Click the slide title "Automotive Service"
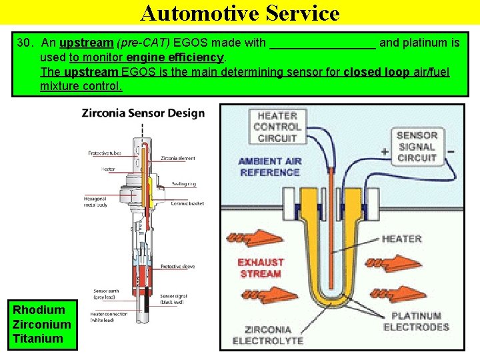click(240, 13)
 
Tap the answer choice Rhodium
click(39, 310)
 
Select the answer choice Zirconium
click(42, 325)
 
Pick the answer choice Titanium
click(38, 339)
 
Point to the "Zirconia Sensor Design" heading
click(143, 113)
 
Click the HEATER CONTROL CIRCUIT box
click(277, 127)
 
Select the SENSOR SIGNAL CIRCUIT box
click(417, 147)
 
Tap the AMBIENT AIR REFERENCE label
click(269, 167)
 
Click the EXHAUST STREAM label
click(261, 267)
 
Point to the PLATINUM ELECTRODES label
click(416, 321)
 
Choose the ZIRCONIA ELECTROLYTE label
click(267, 335)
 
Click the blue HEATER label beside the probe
click(402, 239)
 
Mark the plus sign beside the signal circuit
click(385, 151)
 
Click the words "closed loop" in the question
click(376, 72)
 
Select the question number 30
click(25, 43)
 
